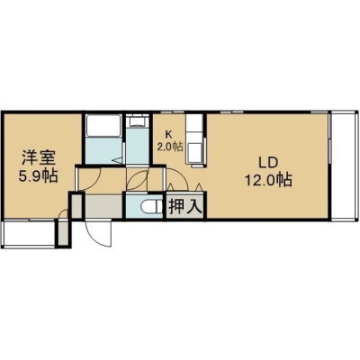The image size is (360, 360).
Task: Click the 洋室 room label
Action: point(38,157)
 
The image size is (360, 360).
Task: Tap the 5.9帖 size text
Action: point(38,175)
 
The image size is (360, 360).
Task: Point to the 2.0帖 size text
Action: point(170,147)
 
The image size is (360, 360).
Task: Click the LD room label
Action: point(268,163)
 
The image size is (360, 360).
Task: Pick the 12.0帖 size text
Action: point(268,180)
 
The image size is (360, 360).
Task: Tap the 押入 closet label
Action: point(184,207)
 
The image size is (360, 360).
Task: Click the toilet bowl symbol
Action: point(151,208)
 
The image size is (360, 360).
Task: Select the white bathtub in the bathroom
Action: point(103,125)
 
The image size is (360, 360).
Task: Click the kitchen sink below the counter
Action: point(194,151)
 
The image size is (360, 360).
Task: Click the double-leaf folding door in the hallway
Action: point(137,179)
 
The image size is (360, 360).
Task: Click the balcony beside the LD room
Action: point(345,167)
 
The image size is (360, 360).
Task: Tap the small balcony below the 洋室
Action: point(29,234)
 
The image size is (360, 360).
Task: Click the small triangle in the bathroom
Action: point(118,161)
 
